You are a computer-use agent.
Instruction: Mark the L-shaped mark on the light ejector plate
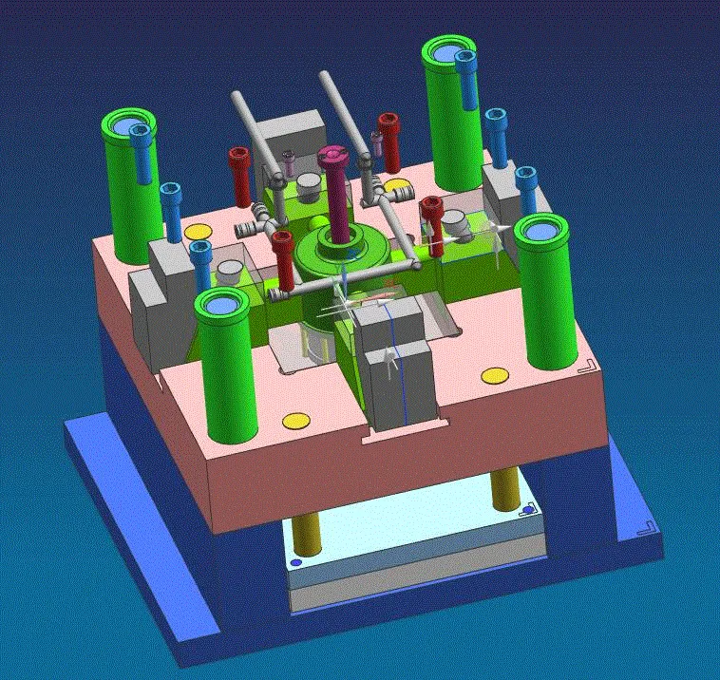527,513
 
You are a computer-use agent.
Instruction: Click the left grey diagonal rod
257,134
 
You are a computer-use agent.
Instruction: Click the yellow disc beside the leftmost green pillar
198,232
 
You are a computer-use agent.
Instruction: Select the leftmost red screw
238,176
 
